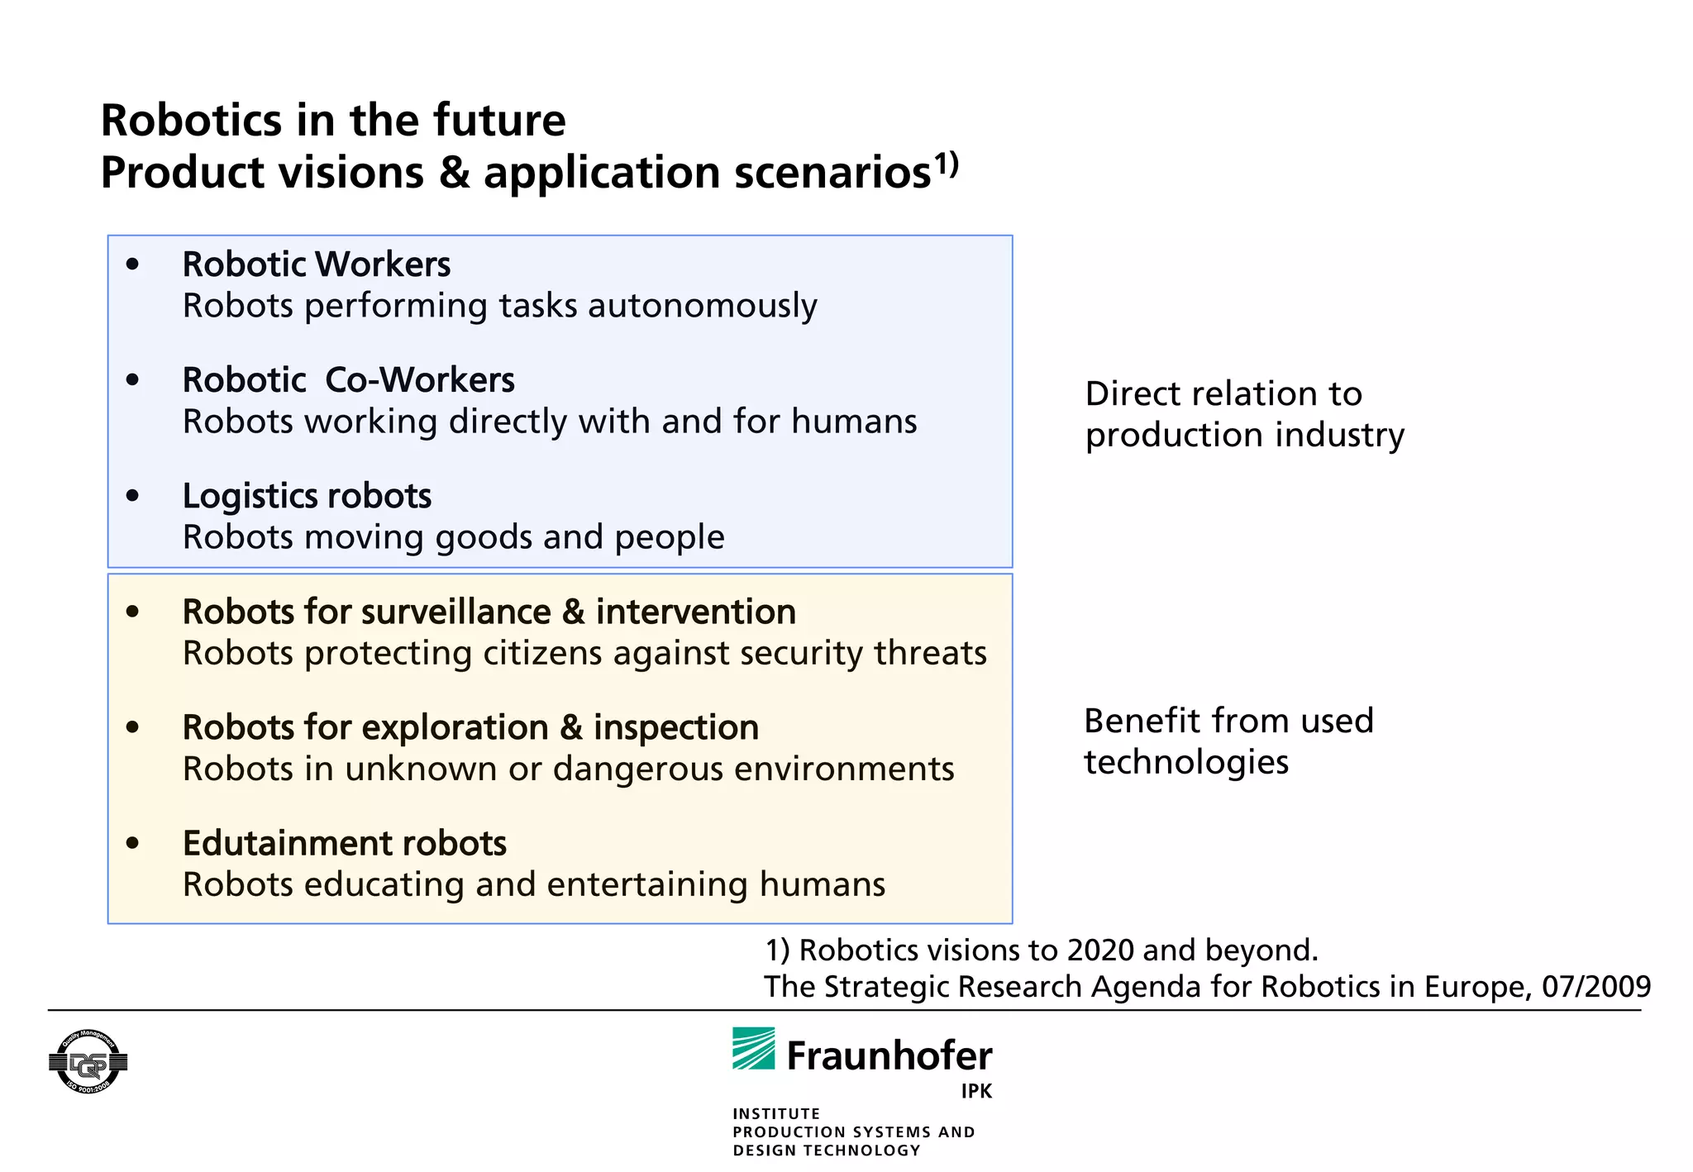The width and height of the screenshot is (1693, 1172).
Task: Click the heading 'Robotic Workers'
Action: (316, 264)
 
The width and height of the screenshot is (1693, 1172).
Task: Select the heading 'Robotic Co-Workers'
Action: (348, 380)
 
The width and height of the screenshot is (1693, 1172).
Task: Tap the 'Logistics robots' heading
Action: (307, 496)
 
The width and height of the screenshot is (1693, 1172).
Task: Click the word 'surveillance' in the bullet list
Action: (456, 612)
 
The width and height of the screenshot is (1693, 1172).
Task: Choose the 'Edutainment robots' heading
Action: (344, 843)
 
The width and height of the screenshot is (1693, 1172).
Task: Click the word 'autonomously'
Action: (702, 306)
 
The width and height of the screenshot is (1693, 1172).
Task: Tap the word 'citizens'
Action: (542, 653)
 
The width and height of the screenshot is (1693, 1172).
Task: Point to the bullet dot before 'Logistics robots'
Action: (132, 495)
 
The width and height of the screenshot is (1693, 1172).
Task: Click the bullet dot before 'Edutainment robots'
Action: (132, 842)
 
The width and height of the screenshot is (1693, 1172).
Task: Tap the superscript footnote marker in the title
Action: (947, 163)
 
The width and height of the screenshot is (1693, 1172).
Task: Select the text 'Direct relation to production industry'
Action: (1244, 414)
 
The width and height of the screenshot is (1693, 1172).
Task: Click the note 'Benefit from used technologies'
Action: (1228, 741)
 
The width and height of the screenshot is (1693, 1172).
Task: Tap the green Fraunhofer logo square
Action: (753, 1048)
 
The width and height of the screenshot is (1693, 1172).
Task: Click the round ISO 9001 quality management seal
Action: (88, 1062)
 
